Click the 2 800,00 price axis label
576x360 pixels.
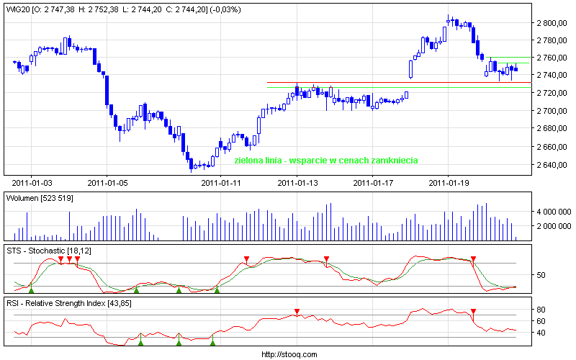click(x=552, y=23)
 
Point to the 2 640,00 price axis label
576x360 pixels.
click(x=552, y=165)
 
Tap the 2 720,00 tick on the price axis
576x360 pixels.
click(x=552, y=94)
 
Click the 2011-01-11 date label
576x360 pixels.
click(x=220, y=183)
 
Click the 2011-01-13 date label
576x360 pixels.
click(x=296, y=183)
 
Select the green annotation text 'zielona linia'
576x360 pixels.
click(x=258, y=161)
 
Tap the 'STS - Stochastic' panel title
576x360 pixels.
click(x=36, y=250)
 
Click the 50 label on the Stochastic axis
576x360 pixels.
click(x=541, y=275)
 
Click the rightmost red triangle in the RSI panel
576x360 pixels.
click(x=473, y=312)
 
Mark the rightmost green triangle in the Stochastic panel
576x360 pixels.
click(x=216, y=290)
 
